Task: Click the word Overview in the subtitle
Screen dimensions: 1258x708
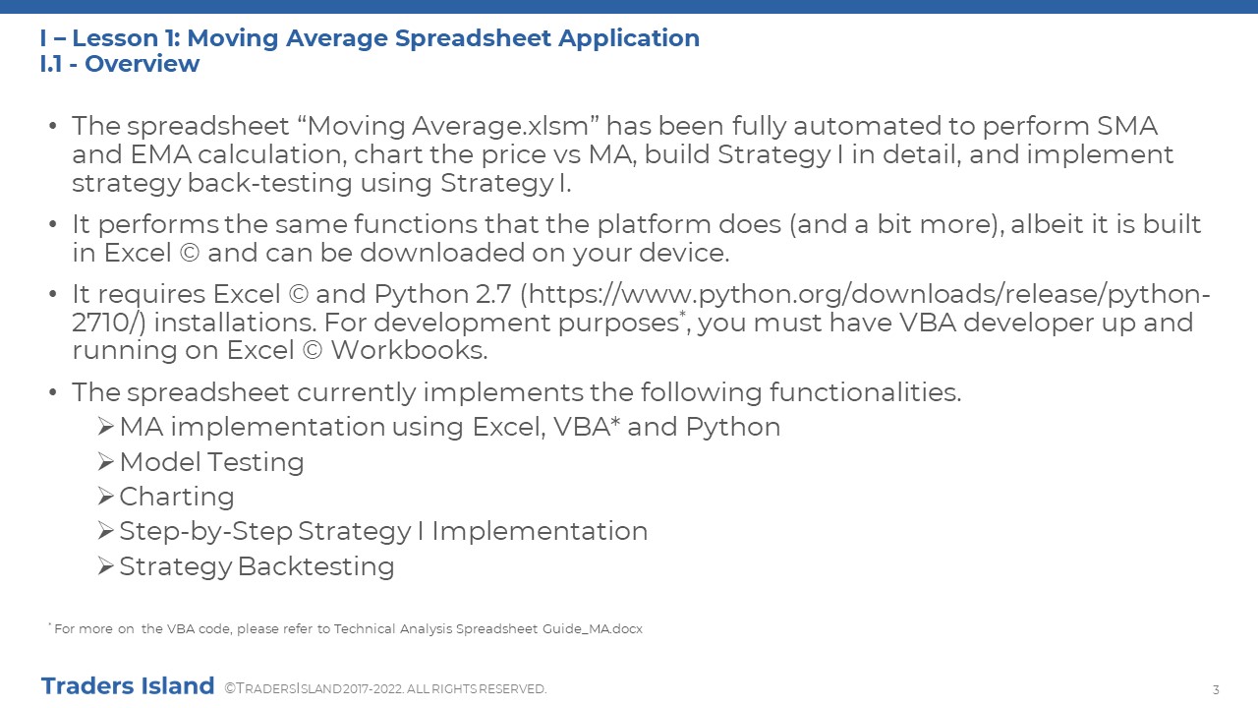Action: click(x=143, y=64)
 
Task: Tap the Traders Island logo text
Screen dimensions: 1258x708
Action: click(x=128, y=686)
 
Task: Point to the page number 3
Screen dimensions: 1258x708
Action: click(x=1216, y=689)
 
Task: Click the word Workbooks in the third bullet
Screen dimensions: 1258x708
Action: click(x=409, y=350)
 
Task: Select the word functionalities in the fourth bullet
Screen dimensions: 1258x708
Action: click(x=865, y=392)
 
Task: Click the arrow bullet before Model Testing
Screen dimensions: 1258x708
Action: click(x=105, y=462)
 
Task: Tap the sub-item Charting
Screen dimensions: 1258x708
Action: click(x=177, y=497)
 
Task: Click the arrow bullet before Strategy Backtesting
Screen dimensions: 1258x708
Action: click(x=105, y=565)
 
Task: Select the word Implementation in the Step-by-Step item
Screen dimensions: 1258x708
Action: click(x=540, y=532)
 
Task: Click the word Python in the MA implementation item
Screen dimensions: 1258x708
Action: click(x=733, y=427)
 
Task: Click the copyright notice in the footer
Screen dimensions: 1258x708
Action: click(x=385, y=689)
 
